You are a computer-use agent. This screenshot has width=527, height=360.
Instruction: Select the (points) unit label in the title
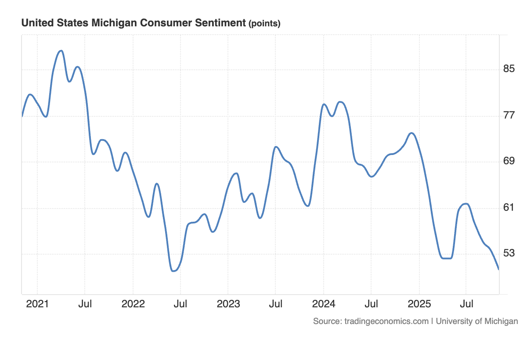[x=264, y=24]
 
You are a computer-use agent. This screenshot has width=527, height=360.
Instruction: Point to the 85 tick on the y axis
[x=509, y=69]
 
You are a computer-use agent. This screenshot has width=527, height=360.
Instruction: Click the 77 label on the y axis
[x=509, y=115]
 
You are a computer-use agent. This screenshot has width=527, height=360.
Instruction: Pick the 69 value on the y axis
[x=509, y=162]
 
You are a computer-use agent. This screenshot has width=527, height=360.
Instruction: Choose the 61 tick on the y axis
[x=509, y=208]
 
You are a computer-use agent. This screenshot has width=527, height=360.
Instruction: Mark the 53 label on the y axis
[x=509, y=253]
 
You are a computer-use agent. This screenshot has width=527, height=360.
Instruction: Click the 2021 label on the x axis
[x=37, y=304]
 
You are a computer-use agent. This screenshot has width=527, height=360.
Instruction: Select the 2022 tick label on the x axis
[x=133, y=304]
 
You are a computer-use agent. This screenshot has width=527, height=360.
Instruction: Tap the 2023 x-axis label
[x=228, y=304]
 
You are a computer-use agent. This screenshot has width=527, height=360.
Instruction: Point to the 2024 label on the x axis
[x=324, y=304]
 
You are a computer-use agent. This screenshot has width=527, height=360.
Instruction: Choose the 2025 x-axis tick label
[x=419, y=304]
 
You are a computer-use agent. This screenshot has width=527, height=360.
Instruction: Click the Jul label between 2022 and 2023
[x=180, y=304]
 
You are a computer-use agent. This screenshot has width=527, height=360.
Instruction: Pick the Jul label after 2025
[x=466, y=304]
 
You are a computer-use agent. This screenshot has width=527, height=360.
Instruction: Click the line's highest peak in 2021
[x=61, y=51]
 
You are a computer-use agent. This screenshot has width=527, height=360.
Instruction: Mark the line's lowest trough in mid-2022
[x=173, y=271]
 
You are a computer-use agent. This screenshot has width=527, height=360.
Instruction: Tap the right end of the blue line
[x=499, y=270]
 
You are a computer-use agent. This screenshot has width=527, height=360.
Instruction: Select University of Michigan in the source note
[x=477, y=321]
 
